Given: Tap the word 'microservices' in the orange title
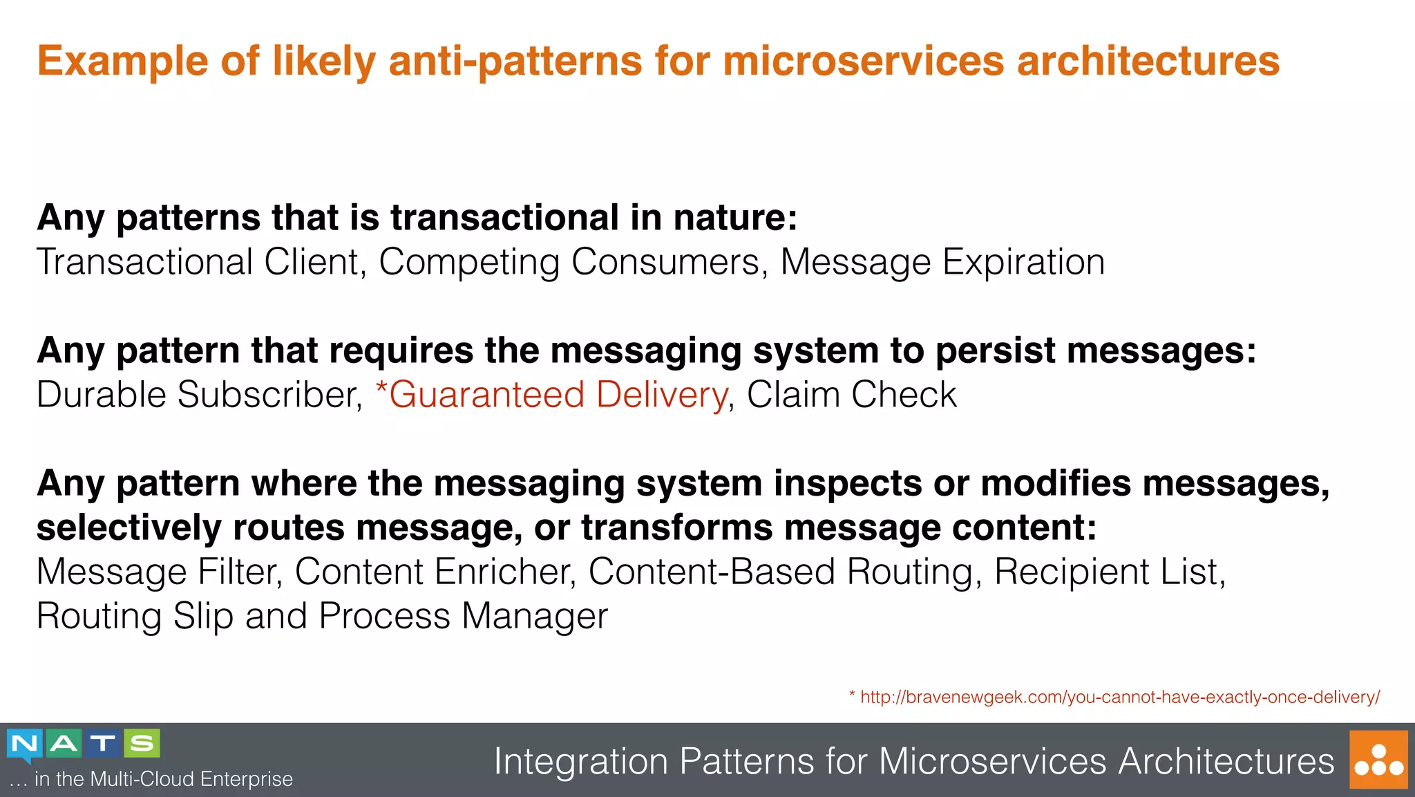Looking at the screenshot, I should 863,61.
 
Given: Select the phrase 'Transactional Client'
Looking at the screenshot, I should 198,262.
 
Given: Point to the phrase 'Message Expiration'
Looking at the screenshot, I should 942,262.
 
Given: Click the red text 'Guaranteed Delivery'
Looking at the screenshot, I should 557,395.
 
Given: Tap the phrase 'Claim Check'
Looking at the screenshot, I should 851,395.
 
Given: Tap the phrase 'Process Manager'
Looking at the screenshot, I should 463,616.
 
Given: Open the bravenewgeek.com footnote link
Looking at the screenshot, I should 1119,697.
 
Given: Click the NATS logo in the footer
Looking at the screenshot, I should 83,744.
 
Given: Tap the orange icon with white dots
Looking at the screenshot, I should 1378,760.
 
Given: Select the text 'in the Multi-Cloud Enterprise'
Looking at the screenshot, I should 163,779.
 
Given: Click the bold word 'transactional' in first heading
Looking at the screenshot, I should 504,218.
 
